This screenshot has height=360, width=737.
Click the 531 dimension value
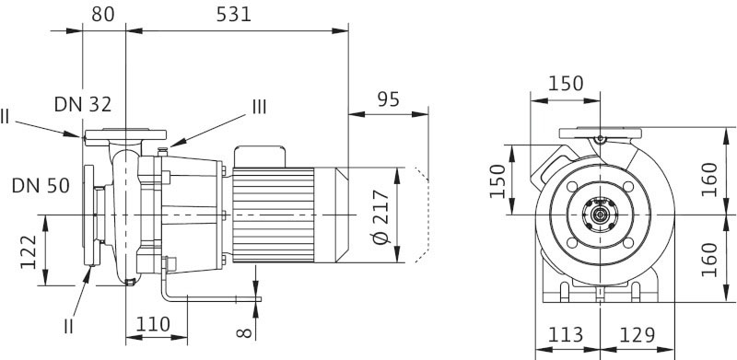click(x=234, y=15)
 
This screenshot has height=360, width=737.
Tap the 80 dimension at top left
click(x=103, y=15)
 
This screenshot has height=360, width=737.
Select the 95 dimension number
click(x=388, y=99)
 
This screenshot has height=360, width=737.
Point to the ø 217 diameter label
click(x=381, y=216)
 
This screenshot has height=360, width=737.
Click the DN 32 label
click(x=83, y=104)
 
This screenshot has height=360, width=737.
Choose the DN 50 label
click(x=41, y=186)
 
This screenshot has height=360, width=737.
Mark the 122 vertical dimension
click(x=29, y=252)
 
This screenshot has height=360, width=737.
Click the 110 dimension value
click(x=153, y=324)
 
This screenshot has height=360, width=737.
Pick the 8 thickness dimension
click(x=244, y=333)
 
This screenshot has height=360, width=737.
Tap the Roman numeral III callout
click(x=260, y=108)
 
